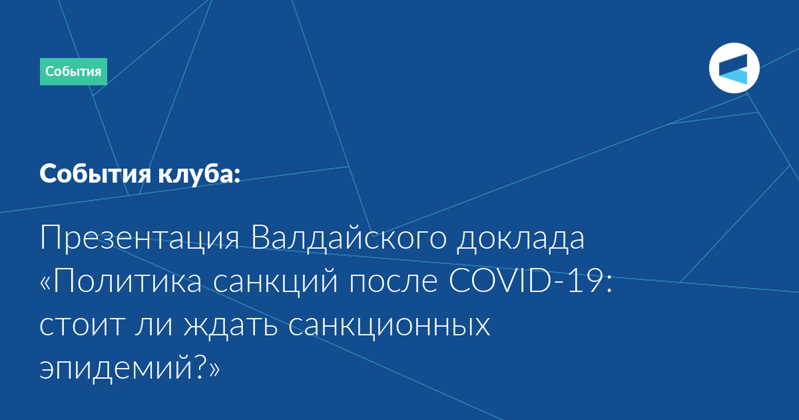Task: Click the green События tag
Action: (73, 71)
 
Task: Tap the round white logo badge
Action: (734, 68)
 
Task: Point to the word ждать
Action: (230, 326)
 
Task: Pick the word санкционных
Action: (389, 326)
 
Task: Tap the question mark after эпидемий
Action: (201, 367)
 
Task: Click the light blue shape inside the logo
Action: (733, 77)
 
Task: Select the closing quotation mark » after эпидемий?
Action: (214, 370)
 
